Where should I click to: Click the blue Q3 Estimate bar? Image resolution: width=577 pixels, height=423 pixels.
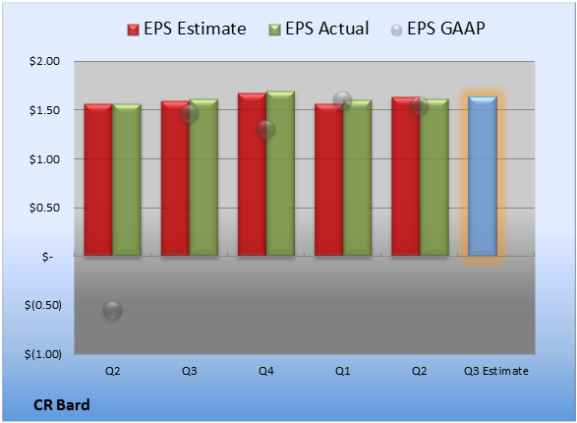483,176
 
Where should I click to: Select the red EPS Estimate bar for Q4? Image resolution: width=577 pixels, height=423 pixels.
252,174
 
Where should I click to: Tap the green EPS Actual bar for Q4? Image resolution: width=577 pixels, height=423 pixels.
280,173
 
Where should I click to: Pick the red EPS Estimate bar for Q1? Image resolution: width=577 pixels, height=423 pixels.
329,180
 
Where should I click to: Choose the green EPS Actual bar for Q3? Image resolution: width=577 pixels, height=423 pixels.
203,177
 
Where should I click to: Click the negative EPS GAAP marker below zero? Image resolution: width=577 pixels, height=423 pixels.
112,310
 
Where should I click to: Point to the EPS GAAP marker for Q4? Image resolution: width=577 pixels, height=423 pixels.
265,129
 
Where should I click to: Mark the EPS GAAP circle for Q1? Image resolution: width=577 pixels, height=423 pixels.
343,100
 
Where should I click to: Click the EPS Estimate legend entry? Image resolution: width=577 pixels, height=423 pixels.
187,29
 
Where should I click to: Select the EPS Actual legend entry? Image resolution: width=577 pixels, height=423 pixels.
318,29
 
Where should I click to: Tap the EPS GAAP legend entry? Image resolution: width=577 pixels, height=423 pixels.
437,29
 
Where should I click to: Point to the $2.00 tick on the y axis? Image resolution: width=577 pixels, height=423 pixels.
44,61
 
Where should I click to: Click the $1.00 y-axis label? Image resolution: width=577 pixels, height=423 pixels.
44,159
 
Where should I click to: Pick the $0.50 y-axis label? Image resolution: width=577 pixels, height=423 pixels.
44,208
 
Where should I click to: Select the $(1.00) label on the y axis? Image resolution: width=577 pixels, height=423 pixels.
43,354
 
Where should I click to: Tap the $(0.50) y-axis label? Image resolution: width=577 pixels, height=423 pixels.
43,305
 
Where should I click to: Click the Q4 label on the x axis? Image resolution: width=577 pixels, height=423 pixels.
266,371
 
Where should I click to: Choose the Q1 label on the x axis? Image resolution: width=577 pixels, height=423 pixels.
343,371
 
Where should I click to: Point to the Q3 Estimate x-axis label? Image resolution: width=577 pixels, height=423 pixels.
496,371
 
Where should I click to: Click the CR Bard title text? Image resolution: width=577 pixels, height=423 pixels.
62,405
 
